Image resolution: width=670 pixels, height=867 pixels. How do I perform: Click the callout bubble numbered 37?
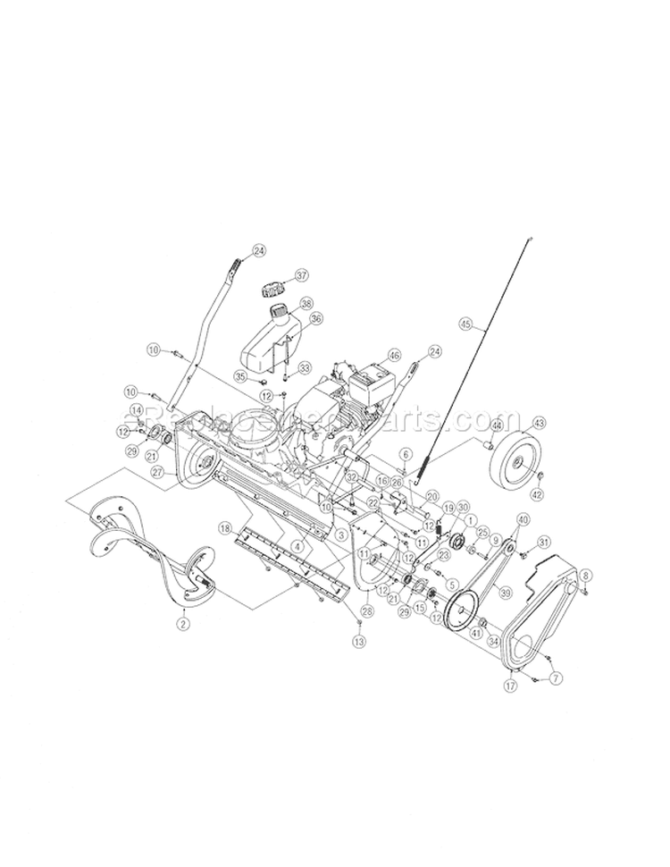301,275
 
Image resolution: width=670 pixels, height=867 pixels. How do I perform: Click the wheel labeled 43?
516,455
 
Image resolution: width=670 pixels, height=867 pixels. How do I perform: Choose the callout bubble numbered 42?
538,493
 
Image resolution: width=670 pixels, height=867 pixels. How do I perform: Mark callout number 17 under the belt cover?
510,686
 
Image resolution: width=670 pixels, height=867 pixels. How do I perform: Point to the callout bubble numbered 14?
137,410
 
